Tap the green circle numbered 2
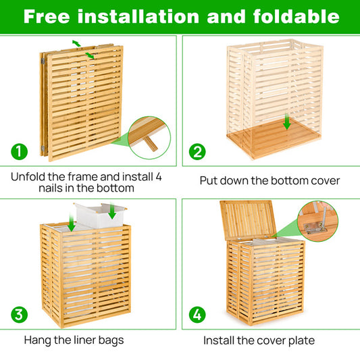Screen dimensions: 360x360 click(x=197, y=151)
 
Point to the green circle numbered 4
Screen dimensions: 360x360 click(x=197, y=314)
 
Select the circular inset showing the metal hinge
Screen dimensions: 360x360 click(x=317, y=220)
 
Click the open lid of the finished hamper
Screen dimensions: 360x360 click(x=248, y=220)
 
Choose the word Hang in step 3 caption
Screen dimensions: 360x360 click(x=37, y=340)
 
